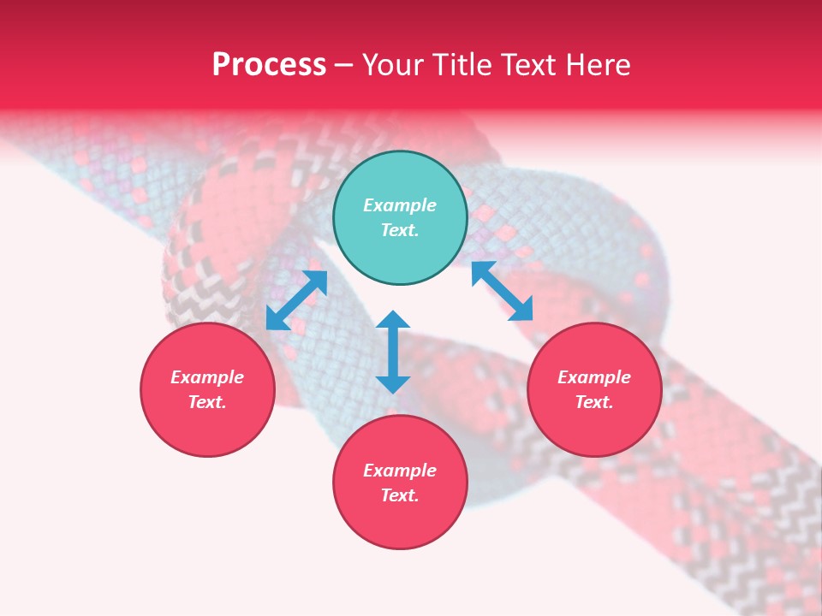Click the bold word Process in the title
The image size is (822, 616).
[269, 65]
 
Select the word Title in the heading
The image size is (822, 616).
[468, 65]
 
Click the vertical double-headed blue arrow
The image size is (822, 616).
[393, 352]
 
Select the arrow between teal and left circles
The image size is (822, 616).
[296, 300]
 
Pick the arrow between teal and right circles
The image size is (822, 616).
[502, 291]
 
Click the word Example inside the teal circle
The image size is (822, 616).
[400, 205]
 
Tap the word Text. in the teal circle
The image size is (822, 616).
[400, 230]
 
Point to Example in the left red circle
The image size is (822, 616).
[207, 377]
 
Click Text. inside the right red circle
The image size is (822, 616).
[594, 402]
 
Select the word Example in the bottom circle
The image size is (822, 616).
[400, 471]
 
